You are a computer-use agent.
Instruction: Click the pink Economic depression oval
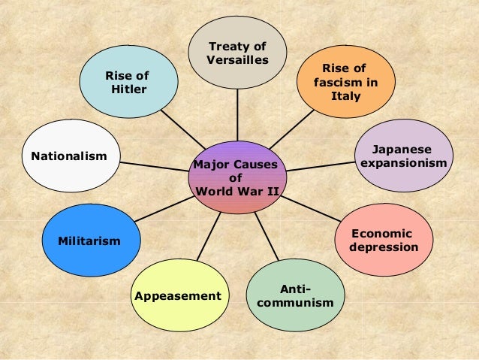click(384, 240)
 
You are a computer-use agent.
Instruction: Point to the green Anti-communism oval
click(295, 295)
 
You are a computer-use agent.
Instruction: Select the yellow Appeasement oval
click(178, 295)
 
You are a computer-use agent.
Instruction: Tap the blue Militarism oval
click(89, 241)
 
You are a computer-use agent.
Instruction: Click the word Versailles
click(238, 60)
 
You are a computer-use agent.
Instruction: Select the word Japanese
click(404, 150)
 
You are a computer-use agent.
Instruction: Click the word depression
click(384, 247)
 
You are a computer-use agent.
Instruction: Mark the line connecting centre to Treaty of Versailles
click(237, 113)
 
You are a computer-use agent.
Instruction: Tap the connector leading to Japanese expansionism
click(315, 168)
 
